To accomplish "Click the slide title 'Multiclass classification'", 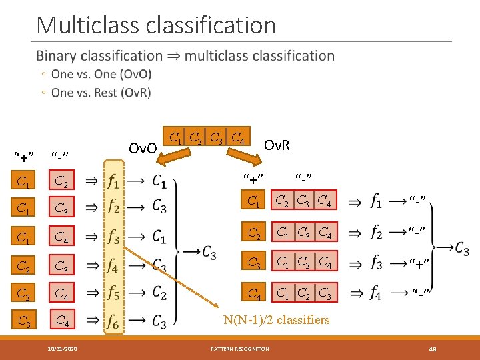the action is point(156,25).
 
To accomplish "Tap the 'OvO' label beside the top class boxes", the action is point(142,147).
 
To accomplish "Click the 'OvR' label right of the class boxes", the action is point(277,144).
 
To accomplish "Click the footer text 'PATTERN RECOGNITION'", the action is point(240,348).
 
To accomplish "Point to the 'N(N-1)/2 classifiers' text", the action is point(277,320).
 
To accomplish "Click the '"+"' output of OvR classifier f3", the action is point(419,262).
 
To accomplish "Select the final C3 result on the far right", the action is point(462,248).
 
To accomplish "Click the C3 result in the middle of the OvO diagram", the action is point(209,253).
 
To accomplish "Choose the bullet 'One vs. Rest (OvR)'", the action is point(101,93).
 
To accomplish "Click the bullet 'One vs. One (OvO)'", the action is point(101,74).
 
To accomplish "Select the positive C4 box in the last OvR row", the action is point(254,292).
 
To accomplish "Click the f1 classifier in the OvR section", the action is point(376,200).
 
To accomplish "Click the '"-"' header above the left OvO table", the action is point(61,156).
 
